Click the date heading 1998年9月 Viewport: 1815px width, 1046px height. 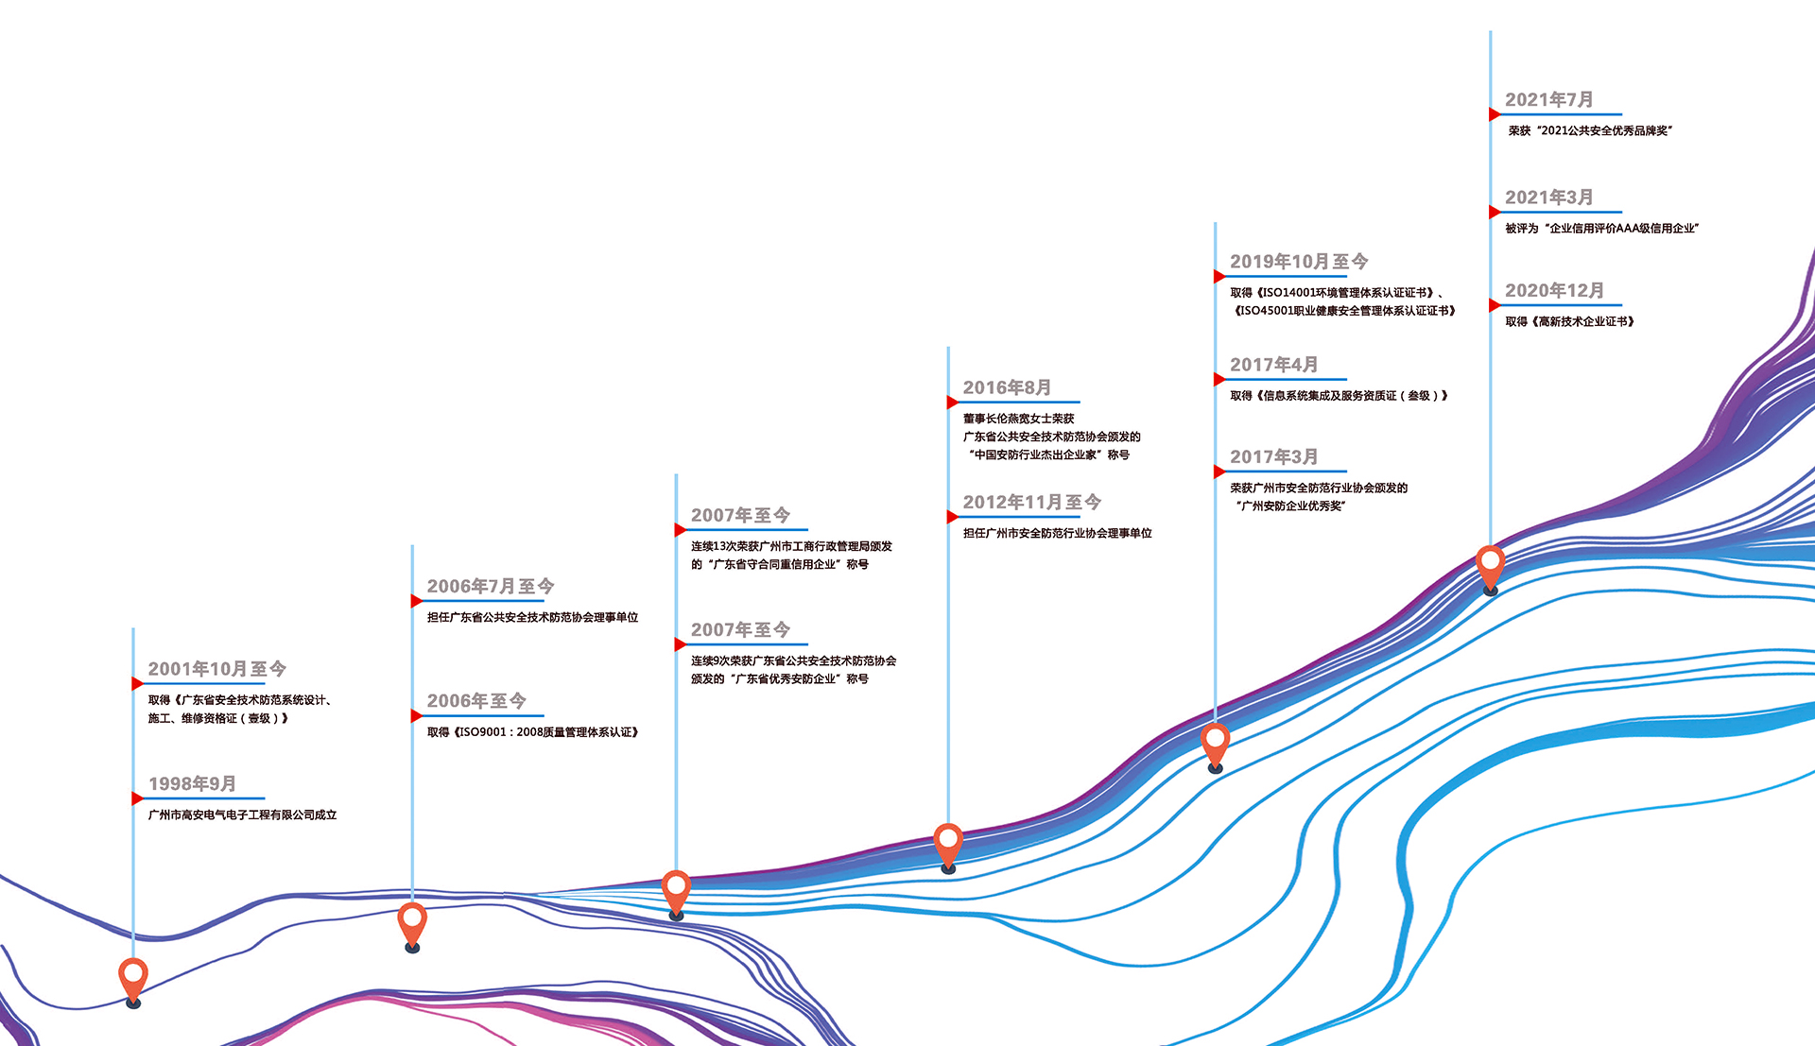point(192,783)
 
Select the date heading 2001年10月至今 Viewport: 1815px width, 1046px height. point(216,669)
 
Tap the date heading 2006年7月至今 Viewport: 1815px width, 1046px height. point(490,587)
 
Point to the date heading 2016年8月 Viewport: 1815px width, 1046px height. point(1007,387)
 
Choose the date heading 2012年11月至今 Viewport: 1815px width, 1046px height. point(1031,503)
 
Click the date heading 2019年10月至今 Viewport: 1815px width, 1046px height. point(1298,262)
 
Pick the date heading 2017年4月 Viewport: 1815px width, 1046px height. point(1273,365)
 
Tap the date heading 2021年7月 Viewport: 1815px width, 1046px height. point(1548,100)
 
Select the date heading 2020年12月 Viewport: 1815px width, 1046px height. point(1554,291)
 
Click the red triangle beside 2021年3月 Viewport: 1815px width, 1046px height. point(1495,213)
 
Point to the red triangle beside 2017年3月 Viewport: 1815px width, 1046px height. point(1219,472)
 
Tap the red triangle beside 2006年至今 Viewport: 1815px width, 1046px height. point(416,716)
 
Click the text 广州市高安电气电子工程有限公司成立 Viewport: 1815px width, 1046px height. point(242,815)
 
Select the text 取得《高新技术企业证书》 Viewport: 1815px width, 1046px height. point(1569,321)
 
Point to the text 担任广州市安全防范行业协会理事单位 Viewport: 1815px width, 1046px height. point(1057,533)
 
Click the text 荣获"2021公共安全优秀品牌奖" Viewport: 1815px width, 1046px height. point(1590,130)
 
